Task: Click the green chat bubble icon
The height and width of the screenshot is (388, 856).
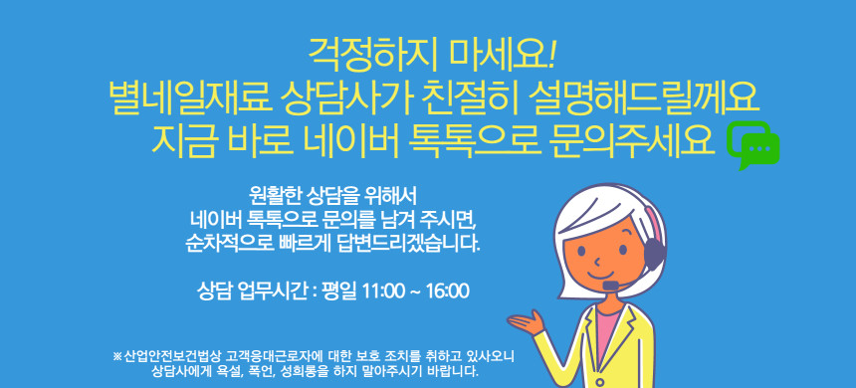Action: coord(753,144)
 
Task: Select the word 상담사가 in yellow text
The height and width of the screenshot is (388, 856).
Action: coord(348,98)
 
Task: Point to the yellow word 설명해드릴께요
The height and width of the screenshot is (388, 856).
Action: coord(644,98)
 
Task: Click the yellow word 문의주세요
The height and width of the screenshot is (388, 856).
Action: coord(630,140)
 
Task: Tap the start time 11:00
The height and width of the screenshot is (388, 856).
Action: coord(384,291)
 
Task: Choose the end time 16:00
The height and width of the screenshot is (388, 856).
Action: coord(448,291)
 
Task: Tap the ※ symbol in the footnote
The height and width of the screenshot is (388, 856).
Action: coord(116,357)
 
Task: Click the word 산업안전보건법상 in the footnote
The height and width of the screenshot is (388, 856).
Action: coord(172,357)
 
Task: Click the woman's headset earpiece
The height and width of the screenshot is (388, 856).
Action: coord(654,253)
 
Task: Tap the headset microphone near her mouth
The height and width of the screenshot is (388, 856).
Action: coord(611,286)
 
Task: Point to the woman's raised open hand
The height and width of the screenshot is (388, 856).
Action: coord(527,321)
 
